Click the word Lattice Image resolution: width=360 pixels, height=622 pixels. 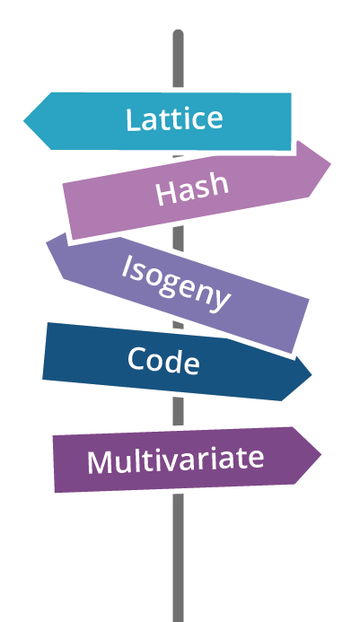click(174, 119)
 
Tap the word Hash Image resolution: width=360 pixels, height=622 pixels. click(192, 189)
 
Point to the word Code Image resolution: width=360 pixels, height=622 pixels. click(163, 361)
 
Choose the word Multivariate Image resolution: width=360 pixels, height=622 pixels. click(175, 460)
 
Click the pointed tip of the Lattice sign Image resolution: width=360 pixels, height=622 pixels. click(24, 121)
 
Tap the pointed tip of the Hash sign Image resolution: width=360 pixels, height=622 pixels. click(330, 163)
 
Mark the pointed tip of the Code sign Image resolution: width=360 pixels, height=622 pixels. click(312, 374)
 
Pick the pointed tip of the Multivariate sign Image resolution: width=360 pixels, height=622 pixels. click(321, 454)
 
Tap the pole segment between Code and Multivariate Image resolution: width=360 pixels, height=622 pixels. click(179, 411)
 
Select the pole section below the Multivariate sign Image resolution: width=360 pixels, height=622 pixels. click(179, 557)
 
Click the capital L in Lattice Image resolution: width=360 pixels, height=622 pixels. click(132, 119)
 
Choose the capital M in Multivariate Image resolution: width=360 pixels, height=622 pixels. click(101, 462)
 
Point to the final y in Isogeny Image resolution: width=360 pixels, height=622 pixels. click(221, 300)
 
